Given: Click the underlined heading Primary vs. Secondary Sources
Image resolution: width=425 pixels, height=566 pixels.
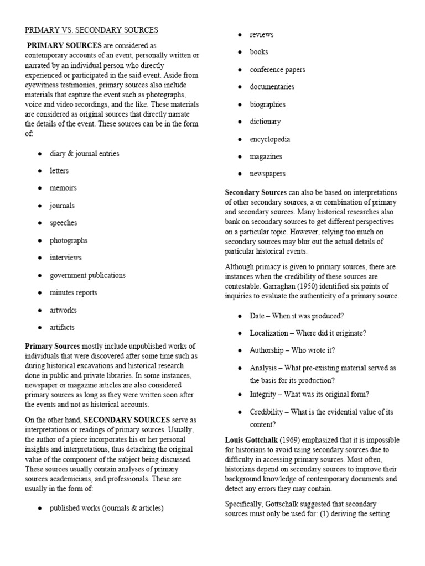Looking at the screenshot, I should click(x=91, y=30).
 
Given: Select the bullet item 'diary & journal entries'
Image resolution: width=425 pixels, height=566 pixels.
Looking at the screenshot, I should click(x=84, y=153).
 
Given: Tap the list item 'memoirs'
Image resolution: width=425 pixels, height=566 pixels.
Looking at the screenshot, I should click(x=63, y=188).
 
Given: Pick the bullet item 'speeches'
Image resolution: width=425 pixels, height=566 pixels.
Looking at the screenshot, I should click(x=63, y=223).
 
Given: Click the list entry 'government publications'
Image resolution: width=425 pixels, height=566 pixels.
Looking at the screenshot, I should click(x=87, y=275).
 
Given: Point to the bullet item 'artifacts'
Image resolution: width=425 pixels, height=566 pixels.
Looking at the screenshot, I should click(x=62, y=327).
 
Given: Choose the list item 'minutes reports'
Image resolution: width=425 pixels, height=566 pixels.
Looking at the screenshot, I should click(x=73, y=292).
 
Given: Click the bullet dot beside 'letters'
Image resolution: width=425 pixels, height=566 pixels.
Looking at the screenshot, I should click(x=40, y=171).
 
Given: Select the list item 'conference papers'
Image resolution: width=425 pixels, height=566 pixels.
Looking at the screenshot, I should click(x=277, y=70).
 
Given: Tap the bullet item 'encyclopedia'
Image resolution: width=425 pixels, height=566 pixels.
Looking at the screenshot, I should click(x=269, y=139).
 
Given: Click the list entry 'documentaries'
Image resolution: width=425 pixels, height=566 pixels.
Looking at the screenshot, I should click(x=272, y=87).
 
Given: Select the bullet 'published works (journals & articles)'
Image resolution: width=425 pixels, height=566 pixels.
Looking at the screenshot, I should click(x=106, y=508).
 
